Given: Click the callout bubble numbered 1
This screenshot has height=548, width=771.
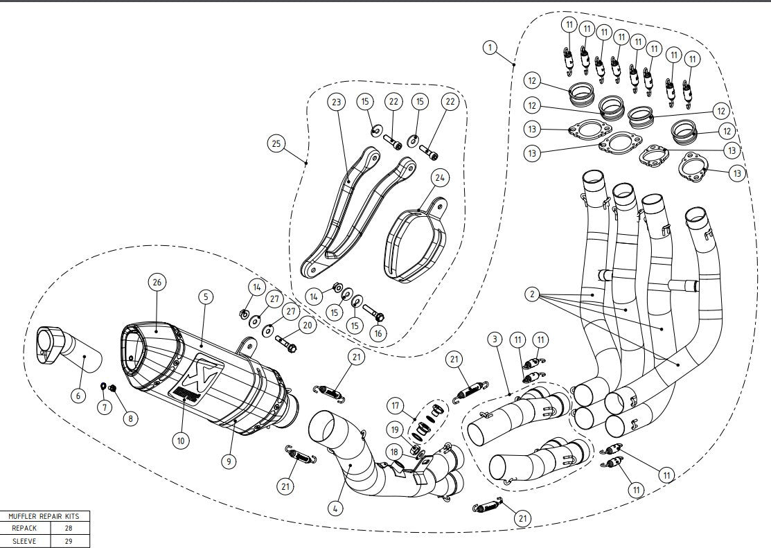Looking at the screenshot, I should coord(490,47).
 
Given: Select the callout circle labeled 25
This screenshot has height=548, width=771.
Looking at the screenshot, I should coord(276,143).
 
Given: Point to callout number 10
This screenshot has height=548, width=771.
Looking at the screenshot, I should coord(180,439).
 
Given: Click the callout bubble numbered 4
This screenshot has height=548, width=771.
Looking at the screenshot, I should coord(335,509).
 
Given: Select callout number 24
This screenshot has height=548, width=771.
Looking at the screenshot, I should coord(438,178).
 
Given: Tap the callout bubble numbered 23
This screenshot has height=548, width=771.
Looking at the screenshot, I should coord(337,102).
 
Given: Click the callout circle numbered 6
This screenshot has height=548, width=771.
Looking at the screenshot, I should coord(78,395).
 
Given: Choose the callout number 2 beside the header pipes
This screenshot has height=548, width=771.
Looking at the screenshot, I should coord(531,294).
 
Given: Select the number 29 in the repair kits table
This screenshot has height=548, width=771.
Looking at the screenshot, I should coord(68,541).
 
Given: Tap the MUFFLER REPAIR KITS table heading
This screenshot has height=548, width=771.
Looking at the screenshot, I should coord(45,516).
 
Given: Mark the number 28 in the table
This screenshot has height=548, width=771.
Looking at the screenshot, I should coord(68,528).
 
